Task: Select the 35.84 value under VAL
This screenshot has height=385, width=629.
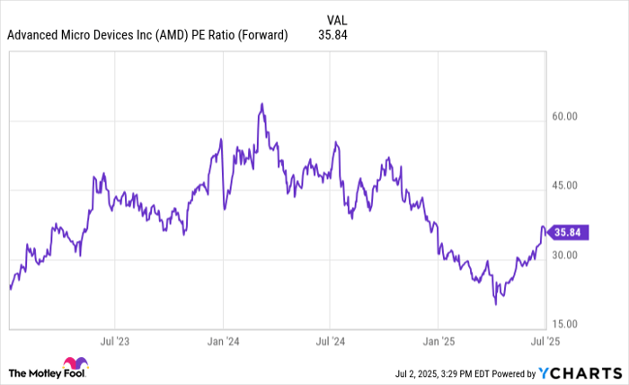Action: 332,35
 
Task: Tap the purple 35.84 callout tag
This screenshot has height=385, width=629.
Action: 567,232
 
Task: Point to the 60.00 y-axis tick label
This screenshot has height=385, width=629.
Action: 563,117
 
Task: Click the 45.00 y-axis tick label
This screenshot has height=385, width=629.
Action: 563,186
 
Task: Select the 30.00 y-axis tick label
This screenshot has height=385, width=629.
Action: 563,255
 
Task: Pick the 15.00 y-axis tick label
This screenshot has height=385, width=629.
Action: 563,324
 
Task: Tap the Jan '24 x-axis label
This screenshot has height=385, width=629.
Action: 222,342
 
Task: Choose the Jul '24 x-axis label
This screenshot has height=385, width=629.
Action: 330,342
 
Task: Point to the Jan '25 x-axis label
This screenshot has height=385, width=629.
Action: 438,342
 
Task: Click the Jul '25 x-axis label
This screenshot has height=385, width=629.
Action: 544,342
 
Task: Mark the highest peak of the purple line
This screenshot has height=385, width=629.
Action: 261,103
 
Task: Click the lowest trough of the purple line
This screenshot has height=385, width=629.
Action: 495,304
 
